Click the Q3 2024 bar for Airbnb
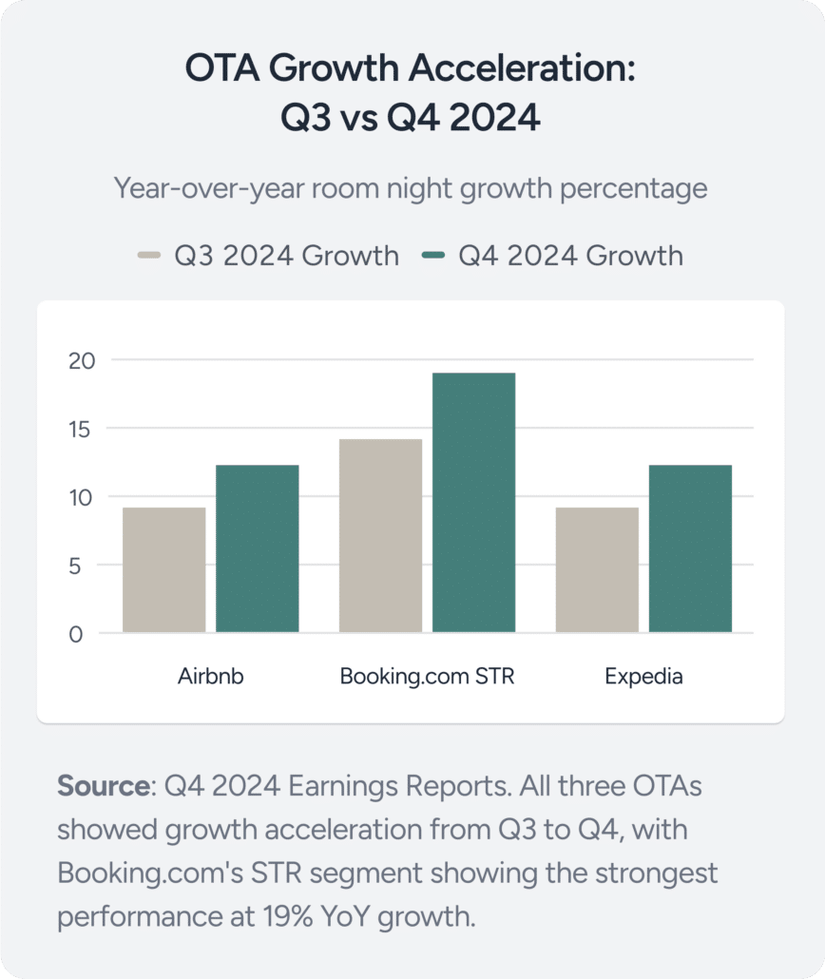click(164, 569)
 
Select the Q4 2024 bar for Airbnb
click(258, 548)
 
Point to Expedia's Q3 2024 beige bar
click(597, 569)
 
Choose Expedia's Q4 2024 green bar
click(690, 548)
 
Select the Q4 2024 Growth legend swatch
click(434, 256)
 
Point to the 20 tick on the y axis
click(83, 360)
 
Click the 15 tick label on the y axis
click(83, 429)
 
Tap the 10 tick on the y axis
click(83, 497)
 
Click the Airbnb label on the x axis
click(211, 678)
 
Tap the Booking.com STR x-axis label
click(428, 678)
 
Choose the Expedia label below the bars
click(643, 678)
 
